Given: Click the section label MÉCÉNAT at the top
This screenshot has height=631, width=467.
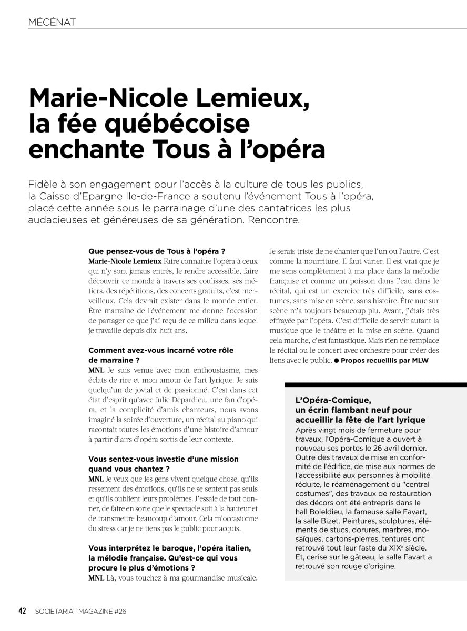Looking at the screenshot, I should pyautogui.click(x=53, y=22).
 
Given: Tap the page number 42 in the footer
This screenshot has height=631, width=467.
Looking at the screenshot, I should pyautogui.click(x=23, y=610).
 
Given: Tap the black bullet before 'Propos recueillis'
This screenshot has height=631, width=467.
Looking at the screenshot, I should pyautogui.click(x=336, y=360).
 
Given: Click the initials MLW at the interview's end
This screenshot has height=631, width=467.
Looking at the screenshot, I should pyautogui.click(x=421, y=360).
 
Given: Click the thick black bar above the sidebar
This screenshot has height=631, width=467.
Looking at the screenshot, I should pyautogui.click(x=375, y=385).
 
